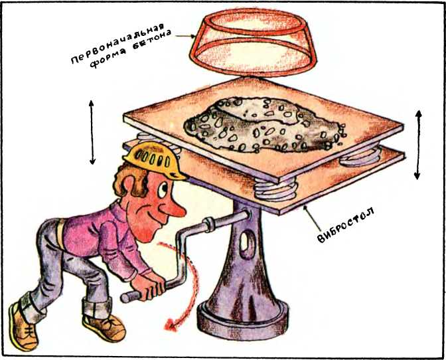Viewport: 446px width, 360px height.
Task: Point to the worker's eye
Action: pos(163,189)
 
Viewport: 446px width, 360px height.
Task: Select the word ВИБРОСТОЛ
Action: pos(346,225)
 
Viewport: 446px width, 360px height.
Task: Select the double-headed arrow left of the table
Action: pos(92,132)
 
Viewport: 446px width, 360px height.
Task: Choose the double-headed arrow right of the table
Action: pos(418,145)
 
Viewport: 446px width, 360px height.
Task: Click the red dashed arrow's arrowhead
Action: pos(171,324)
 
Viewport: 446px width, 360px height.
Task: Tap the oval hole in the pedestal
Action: pos(244,242)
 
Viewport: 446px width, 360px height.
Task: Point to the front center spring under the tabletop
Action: pos(275,189)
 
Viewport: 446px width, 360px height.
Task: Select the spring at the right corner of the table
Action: pos(360,157)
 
